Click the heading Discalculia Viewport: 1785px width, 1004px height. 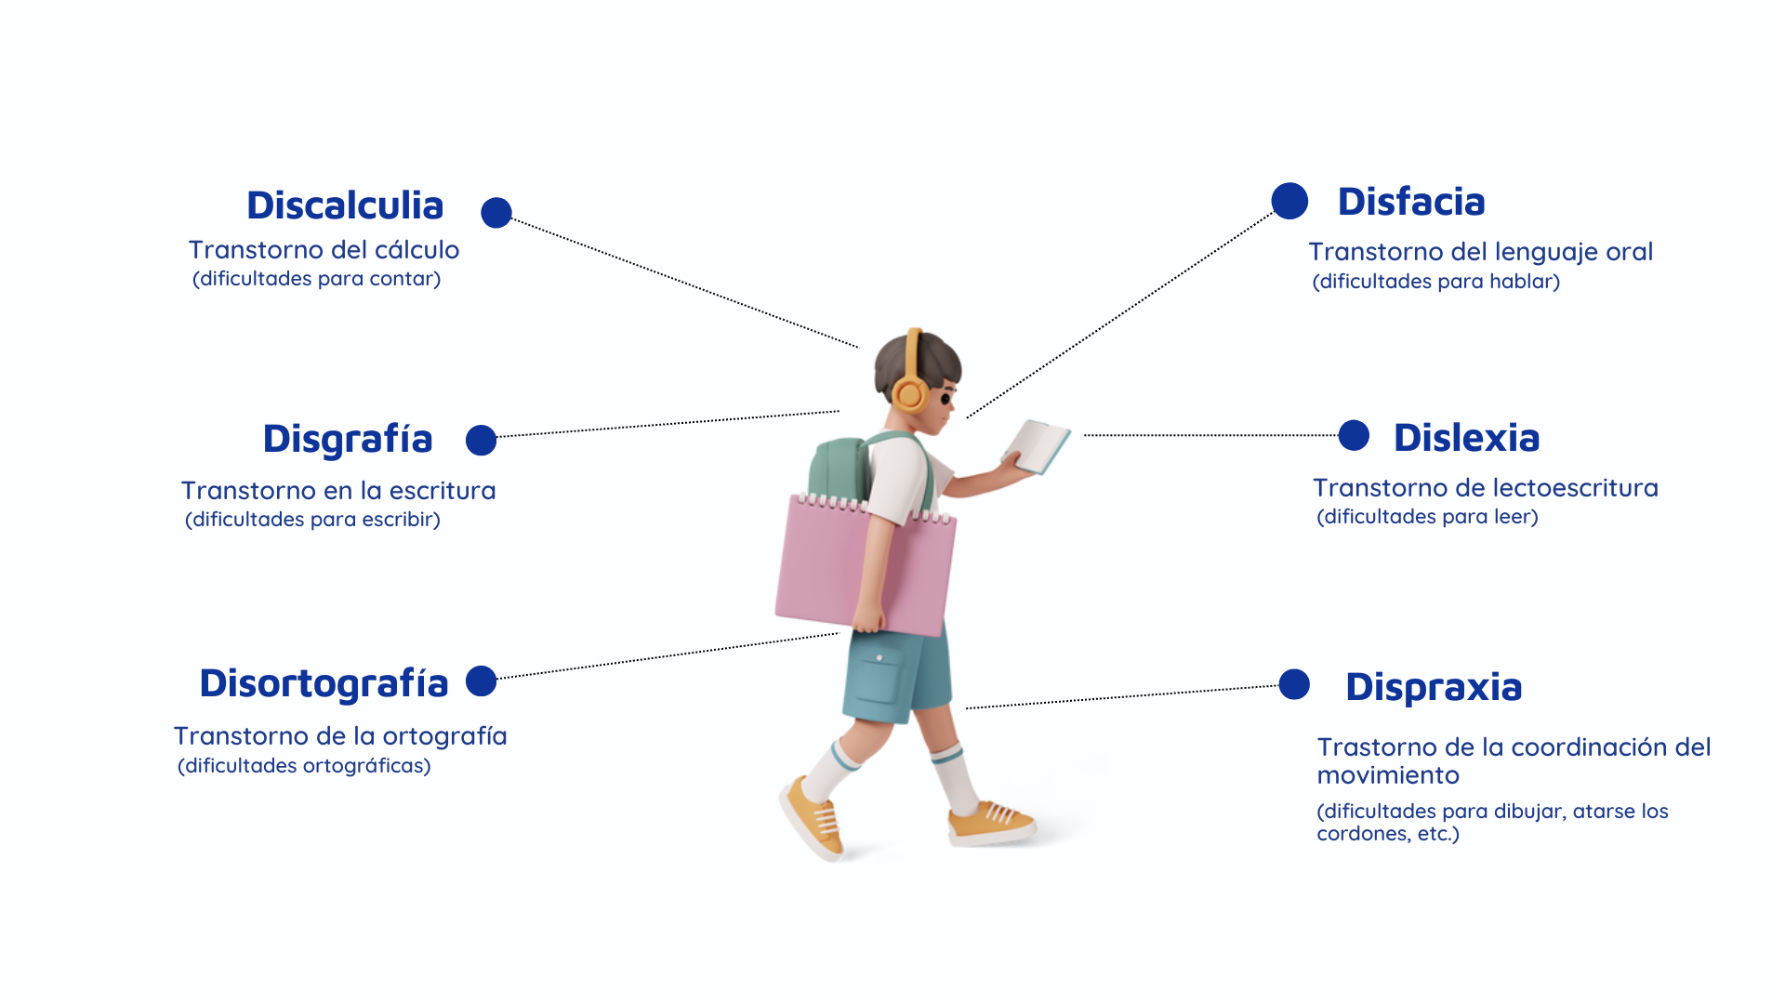point(345,205)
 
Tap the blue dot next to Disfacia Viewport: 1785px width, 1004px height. point(1289,201)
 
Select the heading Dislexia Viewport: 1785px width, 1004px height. point(1466,438)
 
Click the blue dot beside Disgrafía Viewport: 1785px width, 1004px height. point(481,440)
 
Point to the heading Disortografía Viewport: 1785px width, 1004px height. point(324,684)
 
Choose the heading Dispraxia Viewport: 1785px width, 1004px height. point(1434,688)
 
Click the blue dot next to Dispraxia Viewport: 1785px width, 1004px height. point(1294,684)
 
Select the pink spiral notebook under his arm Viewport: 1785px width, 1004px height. point(865,565)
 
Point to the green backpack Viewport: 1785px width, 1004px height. point(840,469)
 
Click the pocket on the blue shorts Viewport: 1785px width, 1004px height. point(879,680)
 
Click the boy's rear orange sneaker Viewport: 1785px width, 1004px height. point(813,817)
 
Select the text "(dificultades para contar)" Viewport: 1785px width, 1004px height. point(316,279)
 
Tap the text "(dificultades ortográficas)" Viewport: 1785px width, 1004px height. point(304,766)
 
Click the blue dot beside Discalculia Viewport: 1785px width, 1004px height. point(496,212)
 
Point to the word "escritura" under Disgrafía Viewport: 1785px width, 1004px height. point(443,491)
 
